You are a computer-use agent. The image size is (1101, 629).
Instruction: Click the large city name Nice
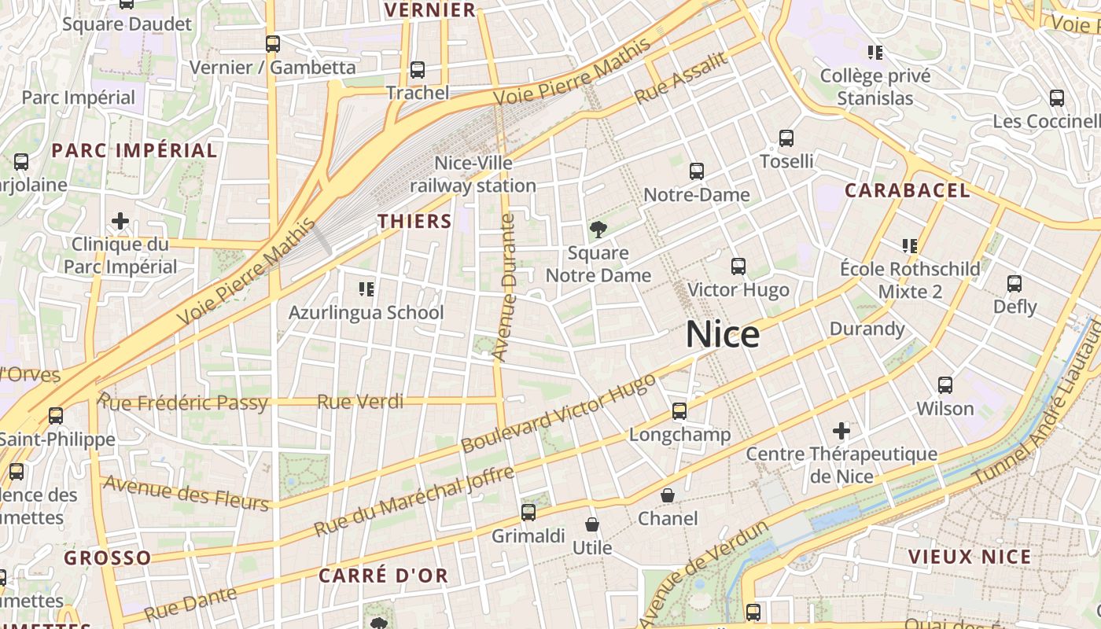pyautogui.click(x=723, y=335)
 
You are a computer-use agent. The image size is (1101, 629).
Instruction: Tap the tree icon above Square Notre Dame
pyautogui.click(x=598, y=230)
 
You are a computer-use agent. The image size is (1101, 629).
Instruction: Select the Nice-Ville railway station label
pyautogui.click(x=473, y=175)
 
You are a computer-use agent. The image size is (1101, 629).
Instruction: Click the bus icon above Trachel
pyautogui.click(x=418, y=70)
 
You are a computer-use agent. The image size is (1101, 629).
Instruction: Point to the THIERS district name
pyautogui.click(x=414, y=222)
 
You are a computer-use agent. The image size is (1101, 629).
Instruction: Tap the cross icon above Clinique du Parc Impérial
pyautogui.click(x=120, y=221)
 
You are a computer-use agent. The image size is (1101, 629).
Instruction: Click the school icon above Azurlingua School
pyautogui.click(x=366, y=289)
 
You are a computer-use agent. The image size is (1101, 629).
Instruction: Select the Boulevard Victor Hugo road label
pyautogui.click(x=558, y=413)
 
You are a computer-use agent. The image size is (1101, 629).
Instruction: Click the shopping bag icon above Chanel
pyautogui.click(x=668, y=495)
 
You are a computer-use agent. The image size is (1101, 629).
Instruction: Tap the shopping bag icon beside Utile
pyautogui.click(x=592, y=524)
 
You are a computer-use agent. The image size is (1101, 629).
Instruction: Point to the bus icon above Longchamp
pyautogui.click(x=679, y=411)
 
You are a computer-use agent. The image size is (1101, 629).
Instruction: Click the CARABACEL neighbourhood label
pyautogui.click(x=907, y=190)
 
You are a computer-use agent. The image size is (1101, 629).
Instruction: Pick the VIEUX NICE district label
pyautogui.click(x=969, y=557)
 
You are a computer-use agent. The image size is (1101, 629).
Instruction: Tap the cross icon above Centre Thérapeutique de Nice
pyautogui.click(x=841, y=431)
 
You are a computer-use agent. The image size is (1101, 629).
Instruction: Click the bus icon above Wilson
pyautogui.click(x=945, y=385)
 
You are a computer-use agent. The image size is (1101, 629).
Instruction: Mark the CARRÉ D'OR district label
pyautogui.click(x=383, y=576)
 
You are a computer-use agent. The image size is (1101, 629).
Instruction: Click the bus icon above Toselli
pyautogui.click(x=786, y=138)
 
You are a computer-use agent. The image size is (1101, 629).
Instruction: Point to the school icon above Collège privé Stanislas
pyautogui.click(x=875, y=53)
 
